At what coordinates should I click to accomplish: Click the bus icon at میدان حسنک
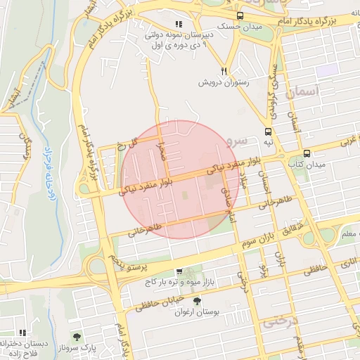tap(240, 15)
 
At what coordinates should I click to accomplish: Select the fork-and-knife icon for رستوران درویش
tap(224, 71)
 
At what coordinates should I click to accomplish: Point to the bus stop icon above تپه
tap(268, 131)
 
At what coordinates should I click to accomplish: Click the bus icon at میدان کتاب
tap(307, 153)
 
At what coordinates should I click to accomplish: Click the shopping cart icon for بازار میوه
tap(179, 271)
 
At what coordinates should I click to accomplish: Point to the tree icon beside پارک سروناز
tap(77, 337)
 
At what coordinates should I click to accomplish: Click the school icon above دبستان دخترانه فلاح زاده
tap(22, 333)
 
